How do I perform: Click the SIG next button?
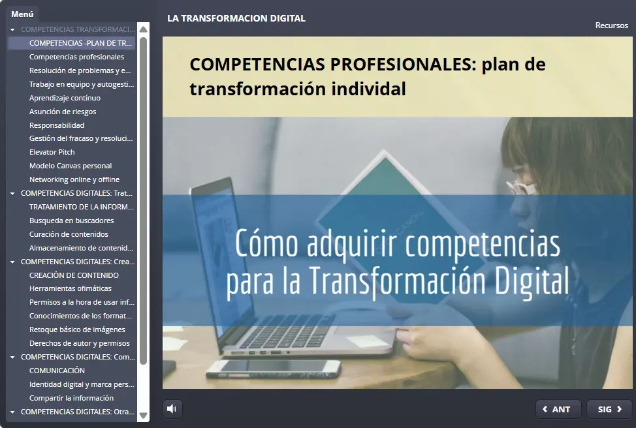(609, 409)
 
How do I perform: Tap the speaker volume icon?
(172, 409)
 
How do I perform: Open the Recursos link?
(611, 25)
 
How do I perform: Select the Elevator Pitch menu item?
(52, 152)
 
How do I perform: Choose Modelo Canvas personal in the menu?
(71, 166)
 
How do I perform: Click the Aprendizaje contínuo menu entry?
(65, 98)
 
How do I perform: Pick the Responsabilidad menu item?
(57, 125)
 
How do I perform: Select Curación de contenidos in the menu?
(69, 234)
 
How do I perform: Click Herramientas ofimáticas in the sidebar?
(71, 288)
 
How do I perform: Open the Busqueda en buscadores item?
(71, 221)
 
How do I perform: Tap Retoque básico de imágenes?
(77, 329)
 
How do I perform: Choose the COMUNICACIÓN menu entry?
(57, 371)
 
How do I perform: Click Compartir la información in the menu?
(71, 398)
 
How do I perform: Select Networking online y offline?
(74, 179)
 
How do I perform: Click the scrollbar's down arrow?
(144, 415)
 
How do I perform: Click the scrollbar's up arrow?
(144, 29)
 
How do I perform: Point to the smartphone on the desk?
(273, 369)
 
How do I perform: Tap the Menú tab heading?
(22, 14)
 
